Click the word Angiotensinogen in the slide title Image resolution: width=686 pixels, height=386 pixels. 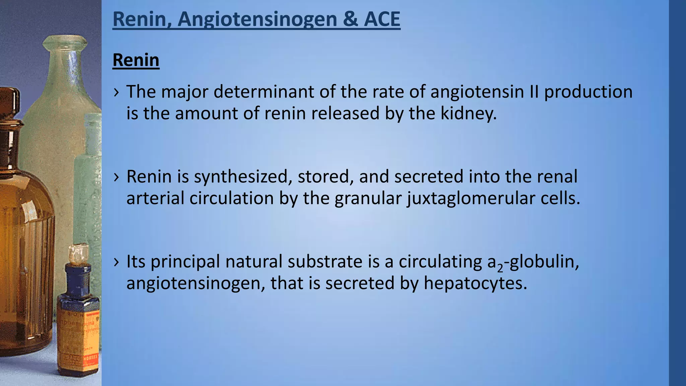[257, 19]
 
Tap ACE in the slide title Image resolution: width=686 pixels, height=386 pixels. [382, 19]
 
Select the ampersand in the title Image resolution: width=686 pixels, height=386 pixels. [350, 19]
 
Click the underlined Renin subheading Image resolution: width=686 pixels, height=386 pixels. [136, 60]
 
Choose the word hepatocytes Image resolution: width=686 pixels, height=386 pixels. [475, 283]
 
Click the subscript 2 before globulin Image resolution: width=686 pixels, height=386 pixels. [500, 268]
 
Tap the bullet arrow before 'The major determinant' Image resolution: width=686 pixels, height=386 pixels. [116, 92]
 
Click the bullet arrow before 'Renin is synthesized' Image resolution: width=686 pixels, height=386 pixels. [116, 177]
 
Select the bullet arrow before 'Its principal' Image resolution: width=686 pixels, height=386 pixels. [116, 262]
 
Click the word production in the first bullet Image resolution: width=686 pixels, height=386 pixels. [588, 91]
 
